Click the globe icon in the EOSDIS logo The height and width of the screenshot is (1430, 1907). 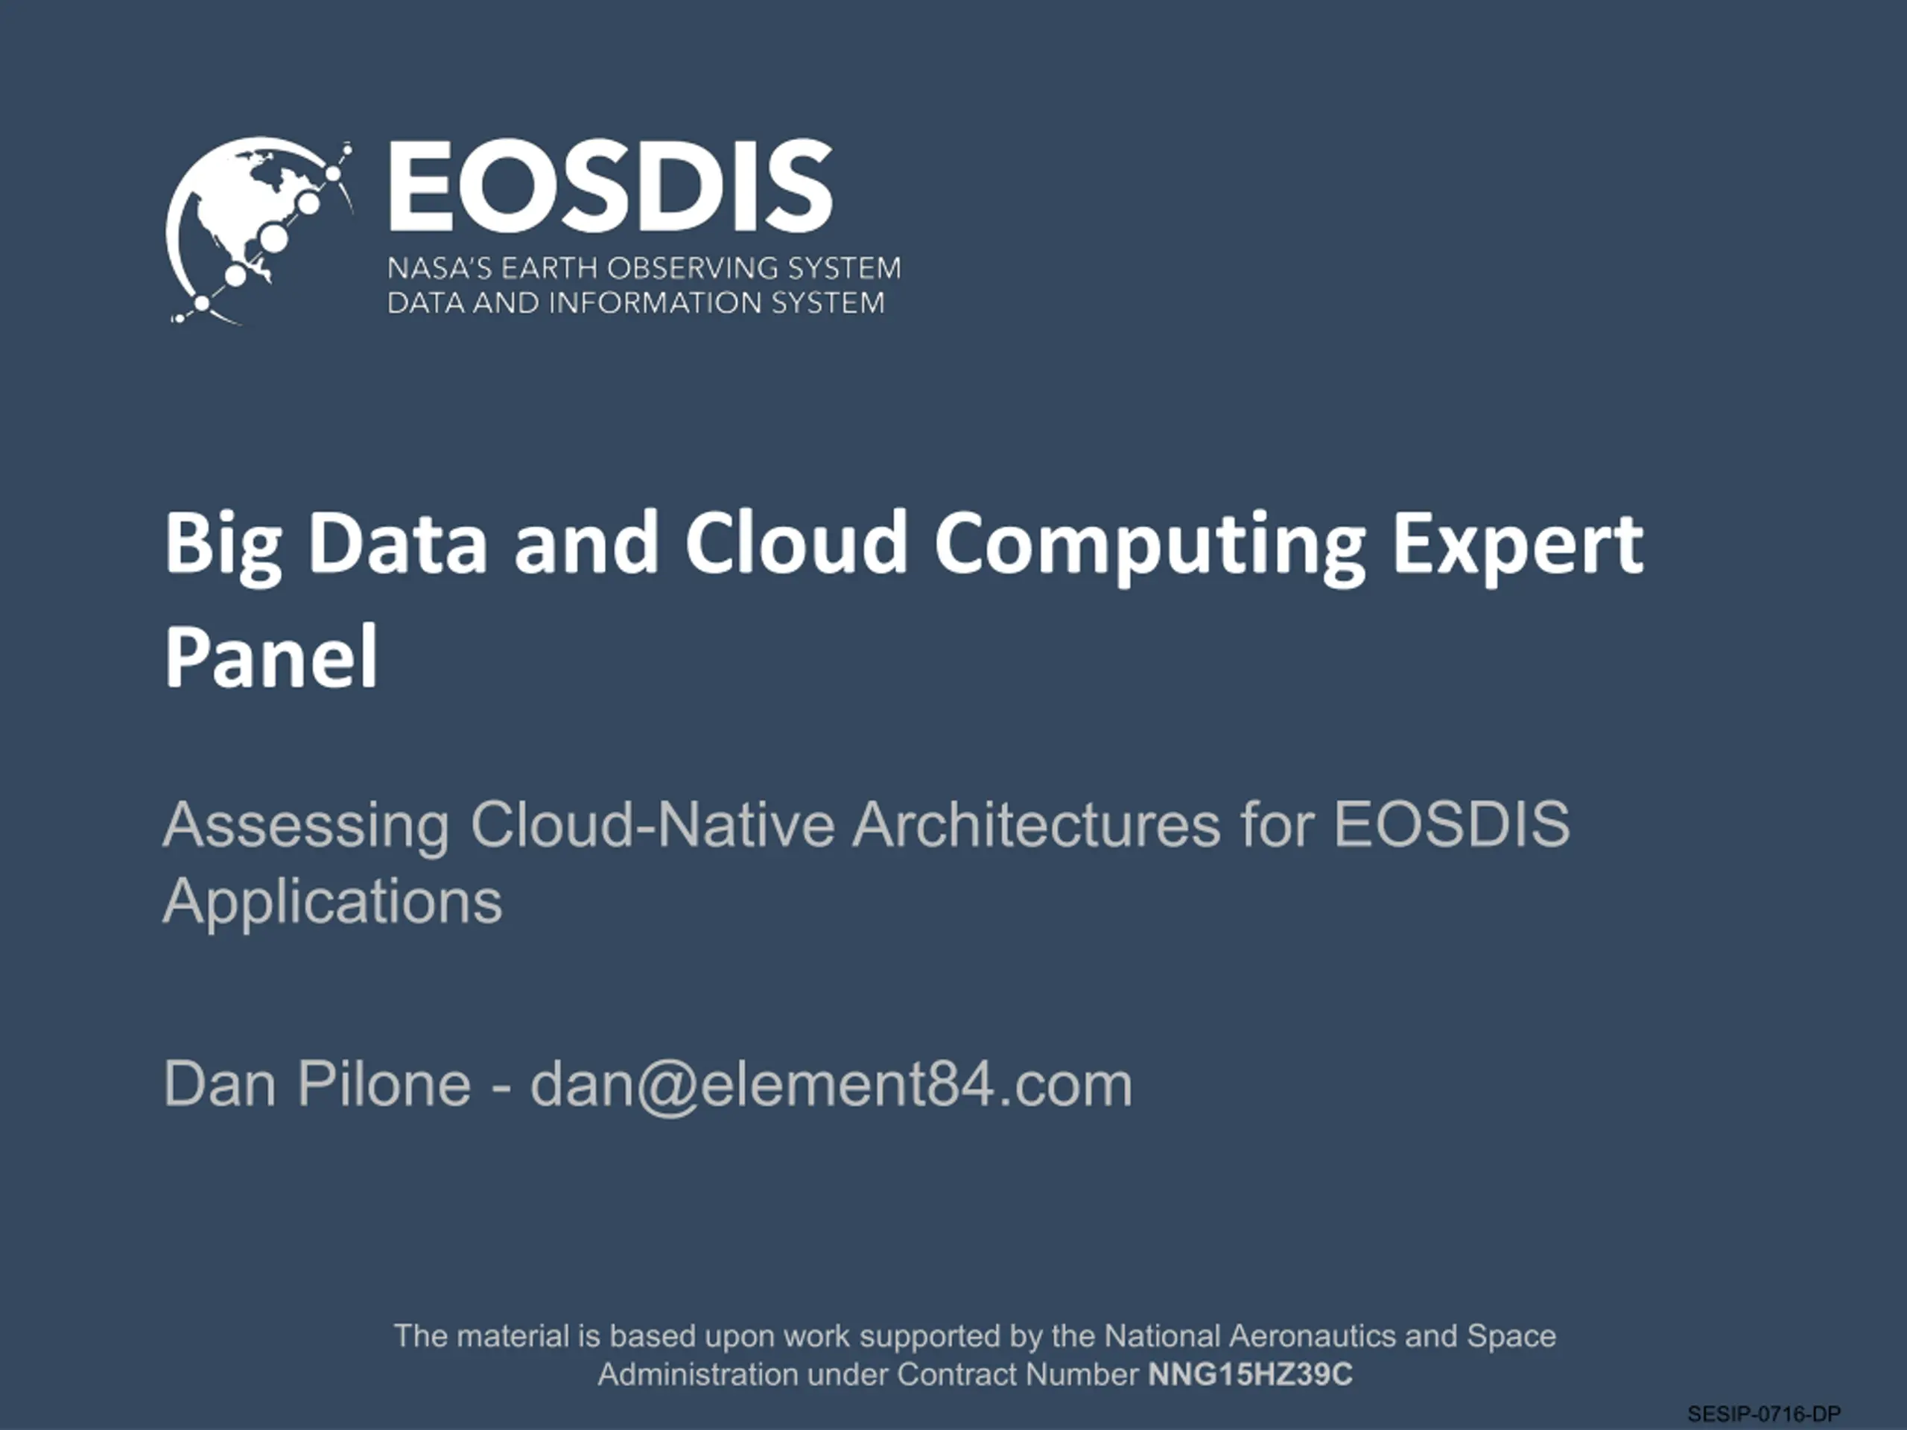[258, 231]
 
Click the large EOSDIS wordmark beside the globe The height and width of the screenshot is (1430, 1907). [610, 186]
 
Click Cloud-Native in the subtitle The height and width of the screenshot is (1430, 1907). [653, 825]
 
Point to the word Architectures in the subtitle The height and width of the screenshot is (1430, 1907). [1037, 825]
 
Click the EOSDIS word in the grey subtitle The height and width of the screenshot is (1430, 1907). [1452, 825]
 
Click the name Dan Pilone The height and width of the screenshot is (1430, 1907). [317, 1084]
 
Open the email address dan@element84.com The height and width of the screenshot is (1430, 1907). [831, 1085]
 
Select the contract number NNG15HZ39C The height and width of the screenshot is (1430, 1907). [1250, 1374]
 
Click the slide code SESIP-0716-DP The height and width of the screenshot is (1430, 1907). [1764, 1414]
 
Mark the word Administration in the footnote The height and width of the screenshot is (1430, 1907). [698, 1374]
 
